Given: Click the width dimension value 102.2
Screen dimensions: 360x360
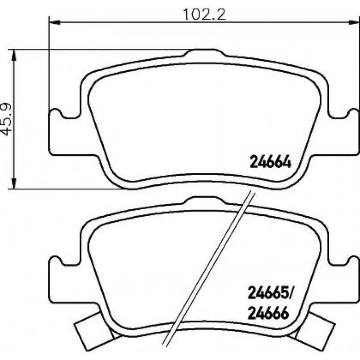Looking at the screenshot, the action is pyautogui.click(x=204, y=14).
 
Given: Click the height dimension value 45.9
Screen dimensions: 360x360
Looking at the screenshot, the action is pyautogui.click(x=6, y=119).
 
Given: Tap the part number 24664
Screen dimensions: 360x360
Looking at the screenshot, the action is pyautogui.click(x=270, y=162).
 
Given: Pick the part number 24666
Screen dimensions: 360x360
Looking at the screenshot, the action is pyautogui.click(x=268, y=313).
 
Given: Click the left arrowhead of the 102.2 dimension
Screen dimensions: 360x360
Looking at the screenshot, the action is pyautogui.click(x=55, y=22).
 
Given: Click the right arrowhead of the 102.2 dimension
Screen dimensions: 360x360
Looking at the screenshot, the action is pyautogui.click(x=354, y=22).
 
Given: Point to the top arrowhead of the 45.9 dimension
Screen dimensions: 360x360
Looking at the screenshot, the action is pyautogui.click(x=14, y=55).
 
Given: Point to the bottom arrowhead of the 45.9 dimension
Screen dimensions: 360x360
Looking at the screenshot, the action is pyautogui.click(x=14, y=183).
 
